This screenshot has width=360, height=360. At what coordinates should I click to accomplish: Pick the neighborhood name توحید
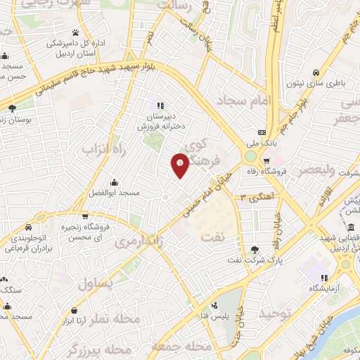point(276,311)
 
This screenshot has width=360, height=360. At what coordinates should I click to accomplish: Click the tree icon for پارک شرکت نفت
point(255,250)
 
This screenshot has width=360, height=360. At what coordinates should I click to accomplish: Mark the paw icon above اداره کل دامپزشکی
point(75,32)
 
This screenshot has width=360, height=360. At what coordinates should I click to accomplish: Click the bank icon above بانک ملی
point(262,132)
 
